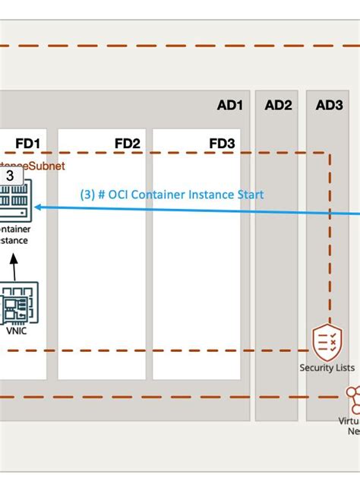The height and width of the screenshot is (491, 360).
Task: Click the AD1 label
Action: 229,106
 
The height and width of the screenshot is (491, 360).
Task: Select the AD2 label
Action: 278,106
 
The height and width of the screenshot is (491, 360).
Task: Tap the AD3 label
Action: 329,106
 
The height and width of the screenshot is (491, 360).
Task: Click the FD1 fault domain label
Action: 27,143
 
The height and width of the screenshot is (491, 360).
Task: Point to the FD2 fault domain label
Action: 127,143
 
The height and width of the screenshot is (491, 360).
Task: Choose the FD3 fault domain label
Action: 222,143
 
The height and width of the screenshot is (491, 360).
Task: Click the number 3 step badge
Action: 9,176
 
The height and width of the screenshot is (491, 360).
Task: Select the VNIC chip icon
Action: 13,304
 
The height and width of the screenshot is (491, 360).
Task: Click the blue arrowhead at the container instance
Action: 37,206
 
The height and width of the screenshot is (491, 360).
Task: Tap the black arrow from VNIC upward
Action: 13,266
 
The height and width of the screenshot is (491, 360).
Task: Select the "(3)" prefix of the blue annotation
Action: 88,195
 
